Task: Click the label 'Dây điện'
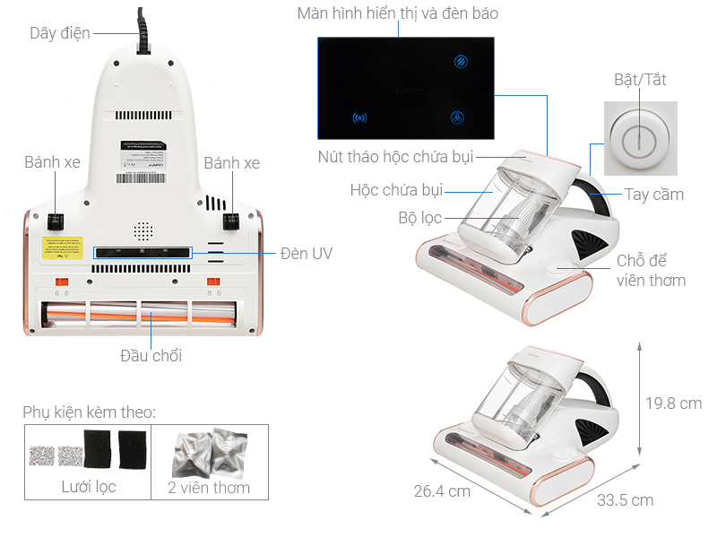click(x=61, y=33)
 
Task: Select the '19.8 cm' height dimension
click(x=673, y=403)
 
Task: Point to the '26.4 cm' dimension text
click(x=441, y=490)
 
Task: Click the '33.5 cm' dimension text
click(x=624, y=499)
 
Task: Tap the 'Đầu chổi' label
click(x=151, y=356)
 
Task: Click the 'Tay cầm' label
click(x=654, y=195)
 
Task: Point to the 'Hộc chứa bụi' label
click(x=395, y=190)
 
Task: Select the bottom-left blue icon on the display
click(x=360, y=117)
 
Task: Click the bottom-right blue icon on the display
click(x=458, y=117)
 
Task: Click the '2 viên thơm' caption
click(x=209, y=488)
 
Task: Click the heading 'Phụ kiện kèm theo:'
click(x=89, y=412)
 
